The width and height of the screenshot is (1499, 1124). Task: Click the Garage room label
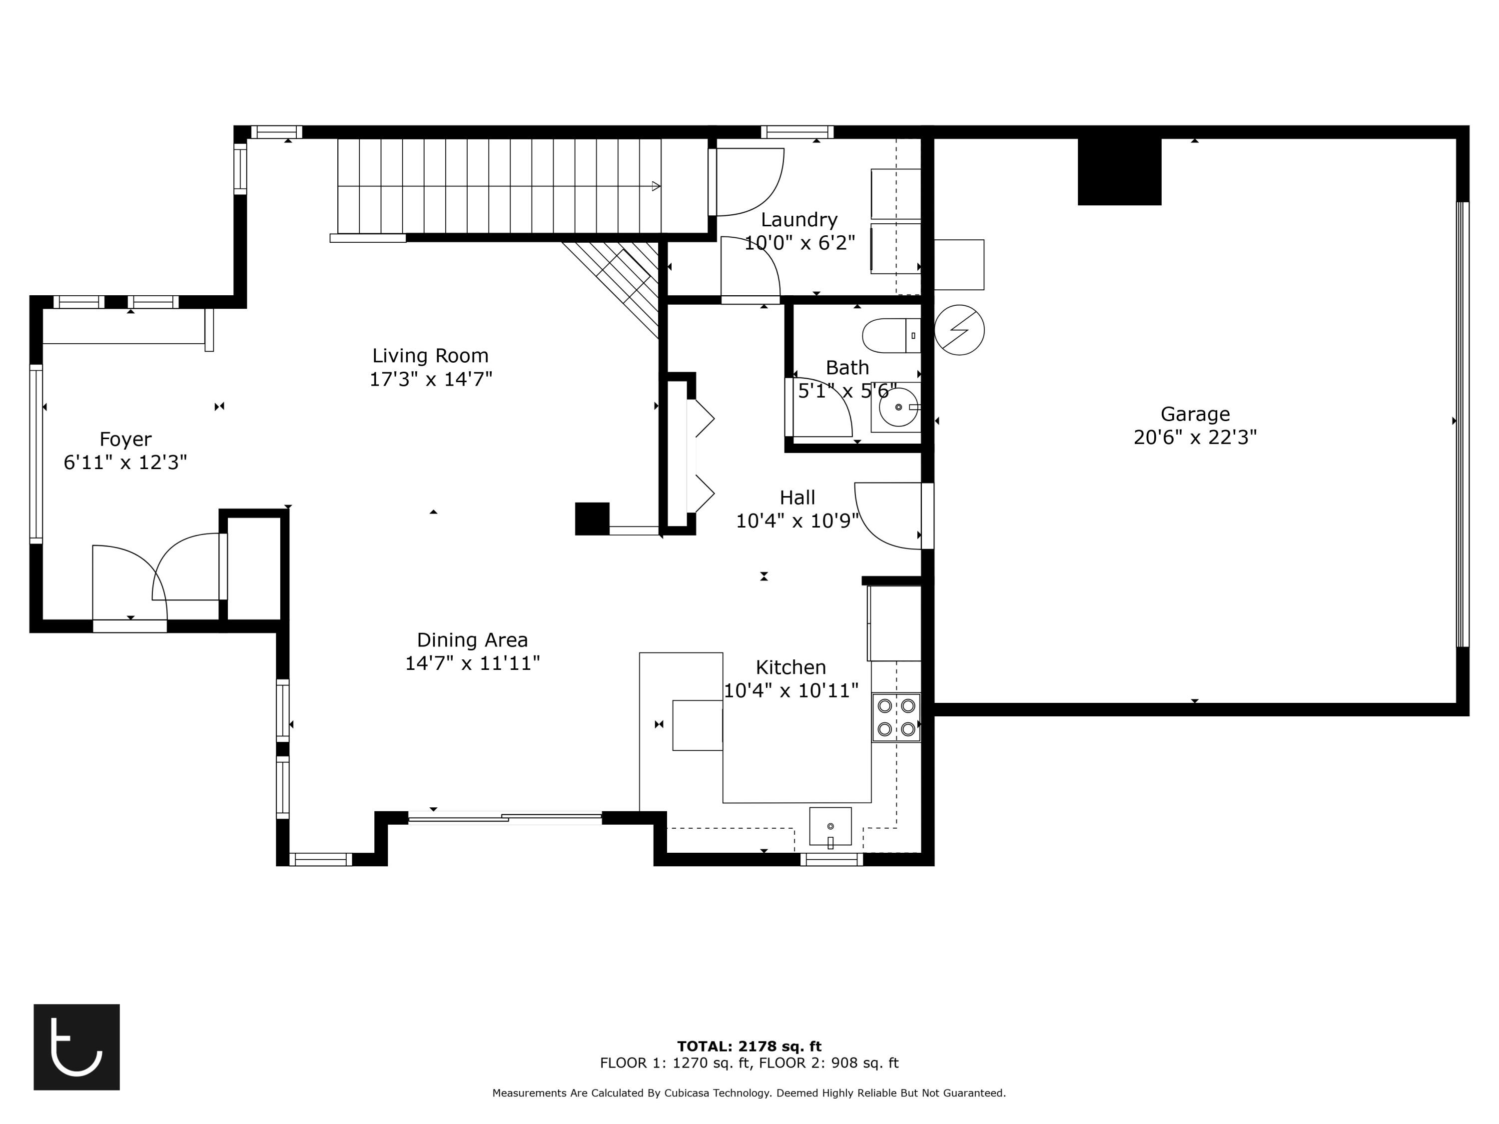tap(1195, 414)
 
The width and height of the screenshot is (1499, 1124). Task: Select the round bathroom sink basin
tap(898, 407)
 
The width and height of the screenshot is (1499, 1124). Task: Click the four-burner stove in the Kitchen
tap(896, 717)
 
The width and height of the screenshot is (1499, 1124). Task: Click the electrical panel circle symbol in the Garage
tap(959, 330)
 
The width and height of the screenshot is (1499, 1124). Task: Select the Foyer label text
tap(125, 439)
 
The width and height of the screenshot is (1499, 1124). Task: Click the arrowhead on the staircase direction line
tap(655, 186)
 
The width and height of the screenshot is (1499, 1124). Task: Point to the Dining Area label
tap(472, 639)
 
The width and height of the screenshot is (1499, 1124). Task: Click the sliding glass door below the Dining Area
tap(504, 818)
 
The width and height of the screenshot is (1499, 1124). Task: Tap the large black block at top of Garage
tap(1120, 171)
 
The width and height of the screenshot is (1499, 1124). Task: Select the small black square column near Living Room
tap(592, 519)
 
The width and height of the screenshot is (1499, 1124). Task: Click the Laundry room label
tap(799, 219)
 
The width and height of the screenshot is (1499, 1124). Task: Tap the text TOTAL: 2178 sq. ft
tap(749, 1046)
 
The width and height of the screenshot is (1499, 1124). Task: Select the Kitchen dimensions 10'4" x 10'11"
tap(791, 690)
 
